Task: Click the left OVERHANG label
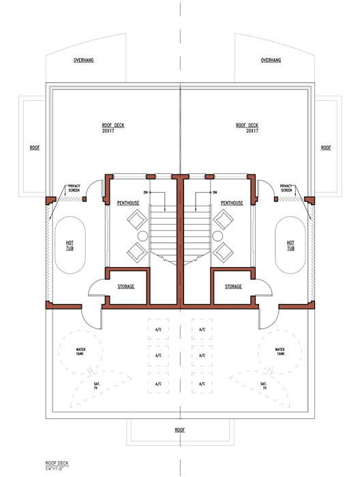click(83, 60)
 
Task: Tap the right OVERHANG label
click(271, 60)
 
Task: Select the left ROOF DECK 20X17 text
click(113, 128)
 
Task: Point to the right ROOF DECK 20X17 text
click(247, 128)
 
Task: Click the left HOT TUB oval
click(55, 245)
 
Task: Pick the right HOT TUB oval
click(275, 245)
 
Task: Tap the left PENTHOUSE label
click(128, 203)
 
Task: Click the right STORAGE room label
click(233, 287)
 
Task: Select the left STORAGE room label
click(126, 287)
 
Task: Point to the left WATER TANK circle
click(59, 352)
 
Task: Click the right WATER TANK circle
click(258, 352)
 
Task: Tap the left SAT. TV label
click(97, 386)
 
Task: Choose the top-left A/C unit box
click(158, 329)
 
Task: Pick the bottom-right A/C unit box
click(202, 384)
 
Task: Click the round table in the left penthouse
click(142, 236)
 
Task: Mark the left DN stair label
click(146, 193)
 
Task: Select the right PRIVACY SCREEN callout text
click(286, 188)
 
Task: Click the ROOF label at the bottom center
click(180, 430)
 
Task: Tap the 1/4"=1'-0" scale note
click(54, 469)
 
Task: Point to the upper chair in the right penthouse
click(223, 219)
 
